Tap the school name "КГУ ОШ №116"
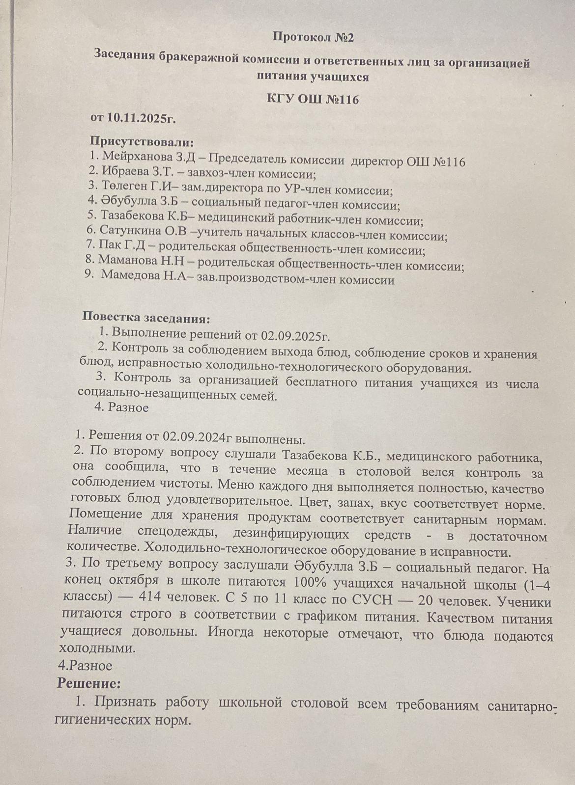pyautogui.click(x=313, y=100)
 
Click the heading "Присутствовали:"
pyautogui.click(x=142, y=142)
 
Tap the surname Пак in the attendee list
pyautogui.click(x=110, y=244)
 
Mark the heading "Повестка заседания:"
pyautogui.click(x=146, y=318)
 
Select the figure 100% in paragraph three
pyautogui.click(x=310, y=583)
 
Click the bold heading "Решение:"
pyautogui.click(x=88, y=683)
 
